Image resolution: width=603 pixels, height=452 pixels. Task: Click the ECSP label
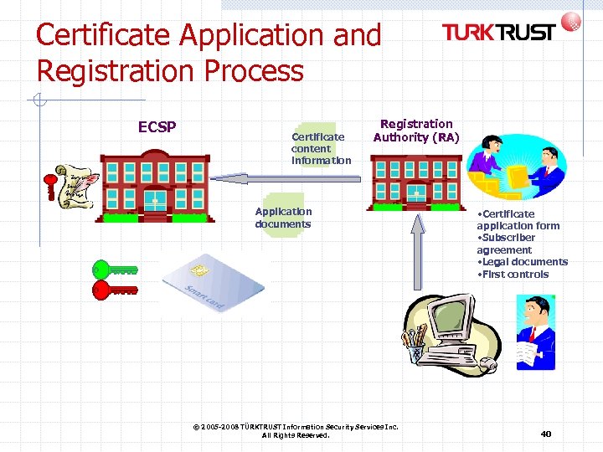click(157, 127)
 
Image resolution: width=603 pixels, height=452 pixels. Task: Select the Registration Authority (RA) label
click(416, 131)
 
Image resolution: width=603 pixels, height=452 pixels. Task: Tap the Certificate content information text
click(321, 148)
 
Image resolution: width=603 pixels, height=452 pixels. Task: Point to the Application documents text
click(283, 218)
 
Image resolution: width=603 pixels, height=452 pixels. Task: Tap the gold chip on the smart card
click(199, 271)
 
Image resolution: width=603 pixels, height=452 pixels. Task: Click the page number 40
click(545, 434)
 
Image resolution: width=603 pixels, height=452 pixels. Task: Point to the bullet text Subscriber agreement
click(507, 244)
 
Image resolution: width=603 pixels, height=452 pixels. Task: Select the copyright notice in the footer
click(296, 431)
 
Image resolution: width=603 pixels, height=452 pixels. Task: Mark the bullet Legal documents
click(522, 262)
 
